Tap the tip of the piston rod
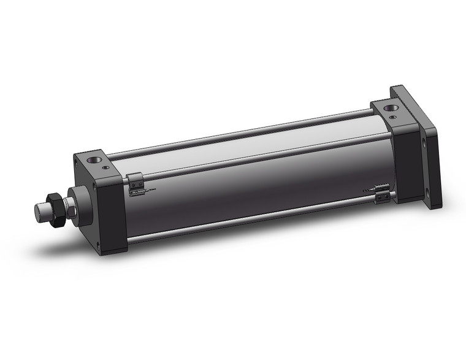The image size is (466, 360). click(x=40, y=212)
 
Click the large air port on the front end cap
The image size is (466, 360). click(x=94, y=160)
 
